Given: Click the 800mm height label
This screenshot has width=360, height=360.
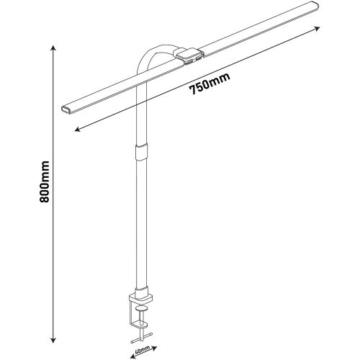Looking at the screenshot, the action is tap(45, 181).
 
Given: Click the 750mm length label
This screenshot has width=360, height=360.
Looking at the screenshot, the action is tap(210, 84).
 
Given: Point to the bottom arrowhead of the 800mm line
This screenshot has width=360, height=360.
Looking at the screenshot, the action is tap(53, 340).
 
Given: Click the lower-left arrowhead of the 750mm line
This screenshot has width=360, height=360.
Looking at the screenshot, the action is tap(77, 130).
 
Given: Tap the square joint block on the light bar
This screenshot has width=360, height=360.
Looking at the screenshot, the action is tap(189, 55).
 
